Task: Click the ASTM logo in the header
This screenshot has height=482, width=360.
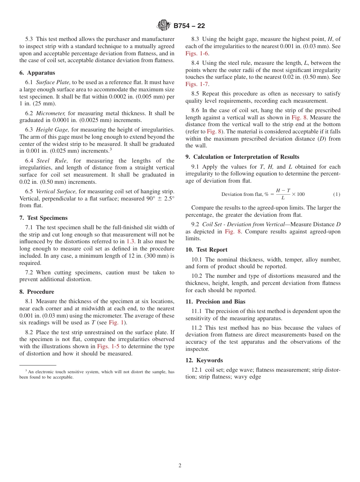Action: point(164,25)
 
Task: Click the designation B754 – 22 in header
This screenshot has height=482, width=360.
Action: point(189,26)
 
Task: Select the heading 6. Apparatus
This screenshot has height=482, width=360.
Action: point(37,73)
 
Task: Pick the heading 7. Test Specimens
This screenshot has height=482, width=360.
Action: point(44,218)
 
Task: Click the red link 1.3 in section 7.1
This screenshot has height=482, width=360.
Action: point(130,242)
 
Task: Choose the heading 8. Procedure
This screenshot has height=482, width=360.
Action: point(37,292)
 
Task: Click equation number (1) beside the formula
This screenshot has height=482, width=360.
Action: point(337,194)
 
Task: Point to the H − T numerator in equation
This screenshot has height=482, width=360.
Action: point(283,191)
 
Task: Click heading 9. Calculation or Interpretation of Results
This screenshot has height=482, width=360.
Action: point(242,157)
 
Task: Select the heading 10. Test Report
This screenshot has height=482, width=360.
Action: point(207,250)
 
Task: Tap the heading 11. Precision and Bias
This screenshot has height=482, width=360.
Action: point(215,302)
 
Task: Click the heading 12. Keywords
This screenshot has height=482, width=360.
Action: point(204,360)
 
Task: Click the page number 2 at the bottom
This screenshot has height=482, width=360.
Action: point(180,466)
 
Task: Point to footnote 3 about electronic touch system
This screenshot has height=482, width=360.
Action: point(97,374)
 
